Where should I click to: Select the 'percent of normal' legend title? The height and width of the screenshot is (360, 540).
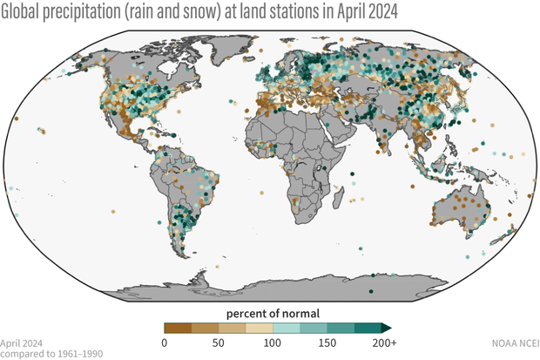click(273, 313)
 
